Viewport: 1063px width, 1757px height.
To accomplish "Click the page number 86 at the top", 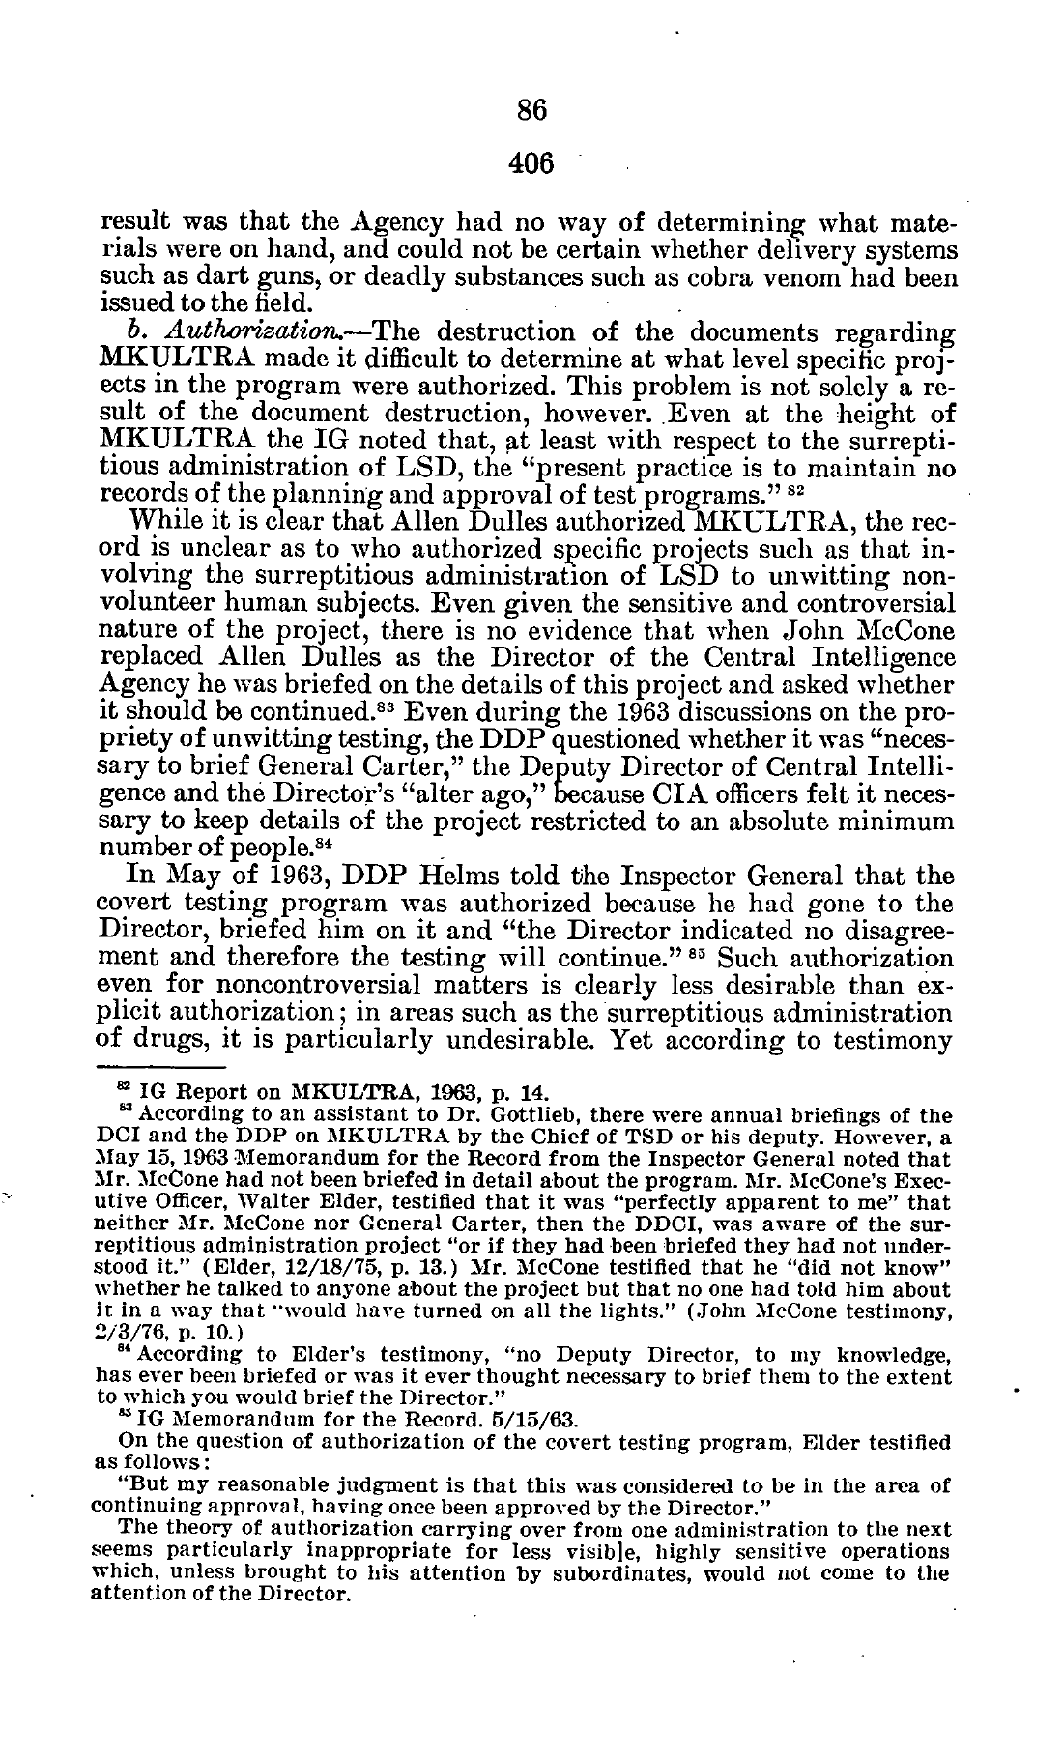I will [531, 111].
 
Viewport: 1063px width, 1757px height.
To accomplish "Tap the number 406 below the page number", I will [531, 163].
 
